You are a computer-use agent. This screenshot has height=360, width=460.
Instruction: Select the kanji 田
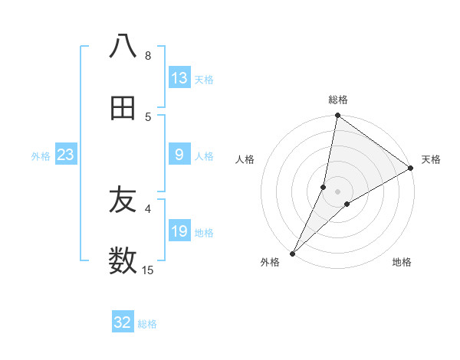coord(123,109)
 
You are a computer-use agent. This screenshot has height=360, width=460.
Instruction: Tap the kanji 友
coord(123,201)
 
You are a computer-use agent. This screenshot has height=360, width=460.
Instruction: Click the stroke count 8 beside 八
coord(147,55)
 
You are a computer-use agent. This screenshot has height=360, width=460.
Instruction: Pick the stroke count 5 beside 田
coord(147,116)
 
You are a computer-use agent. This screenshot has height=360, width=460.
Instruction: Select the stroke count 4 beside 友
coord(147,208)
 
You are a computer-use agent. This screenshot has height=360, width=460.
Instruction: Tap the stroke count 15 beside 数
coord(148,270)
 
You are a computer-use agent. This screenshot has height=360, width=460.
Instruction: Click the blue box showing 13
coord(179,78)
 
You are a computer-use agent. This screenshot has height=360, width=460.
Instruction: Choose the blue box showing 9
coord(179,155)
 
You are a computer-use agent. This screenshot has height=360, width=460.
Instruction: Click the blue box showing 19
coord(179,231)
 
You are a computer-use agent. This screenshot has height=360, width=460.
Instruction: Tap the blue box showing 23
coord(66,155)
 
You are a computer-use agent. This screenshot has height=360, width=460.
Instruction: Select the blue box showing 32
coord(123,322)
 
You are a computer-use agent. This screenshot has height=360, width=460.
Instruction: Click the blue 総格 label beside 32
coord(147,324)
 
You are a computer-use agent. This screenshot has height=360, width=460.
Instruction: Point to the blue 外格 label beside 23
coord(41,156)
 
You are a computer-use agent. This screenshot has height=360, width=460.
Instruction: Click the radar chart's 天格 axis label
coord(431,159)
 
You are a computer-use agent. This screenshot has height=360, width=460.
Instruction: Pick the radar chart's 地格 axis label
coord(402,262)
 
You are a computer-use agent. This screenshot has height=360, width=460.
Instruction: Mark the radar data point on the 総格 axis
coord(337,116)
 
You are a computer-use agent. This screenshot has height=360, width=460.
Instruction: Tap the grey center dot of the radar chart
coord(337,191)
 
